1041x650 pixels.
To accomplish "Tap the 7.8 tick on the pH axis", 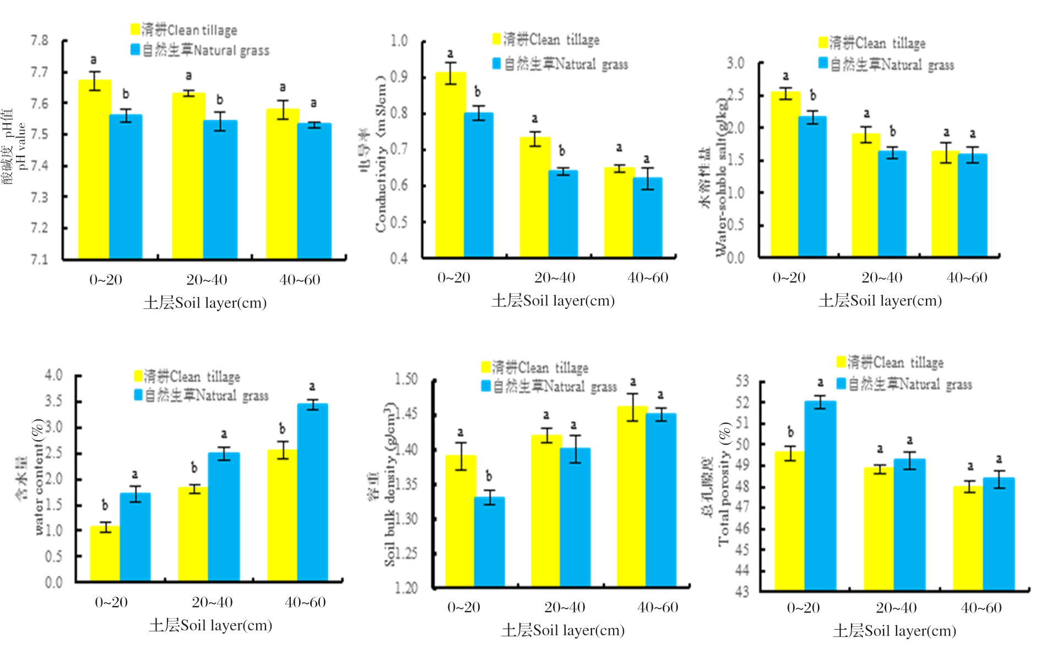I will [x=40, y=41].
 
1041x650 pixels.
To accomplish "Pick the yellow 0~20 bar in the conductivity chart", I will [x=451, y=165].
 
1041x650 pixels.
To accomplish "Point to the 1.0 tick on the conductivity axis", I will [x=399, y=41].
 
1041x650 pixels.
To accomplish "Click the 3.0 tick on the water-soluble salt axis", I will [x=735, y=63].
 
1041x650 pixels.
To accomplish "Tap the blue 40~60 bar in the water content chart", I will [x=313, y=493].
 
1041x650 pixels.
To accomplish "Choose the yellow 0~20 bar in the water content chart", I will [x=105, y=553].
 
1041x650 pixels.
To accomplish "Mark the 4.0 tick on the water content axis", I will [x=54, y=375].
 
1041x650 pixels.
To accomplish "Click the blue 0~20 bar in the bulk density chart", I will [x=489, y=542].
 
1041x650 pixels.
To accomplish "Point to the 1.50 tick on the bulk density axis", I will [x=406, y=379].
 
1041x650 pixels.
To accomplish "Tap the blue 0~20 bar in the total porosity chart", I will [x=820, y=495].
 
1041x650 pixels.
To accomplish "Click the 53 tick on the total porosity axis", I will [x=742, y=381].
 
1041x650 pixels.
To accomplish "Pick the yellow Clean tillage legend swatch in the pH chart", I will [x=135, y=29].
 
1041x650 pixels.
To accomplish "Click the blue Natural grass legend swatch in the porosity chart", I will [x=841, y=384].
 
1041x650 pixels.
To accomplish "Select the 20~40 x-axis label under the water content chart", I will [x=212, y=602].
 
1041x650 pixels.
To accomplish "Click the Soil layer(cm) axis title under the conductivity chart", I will [x=553, y=301].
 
